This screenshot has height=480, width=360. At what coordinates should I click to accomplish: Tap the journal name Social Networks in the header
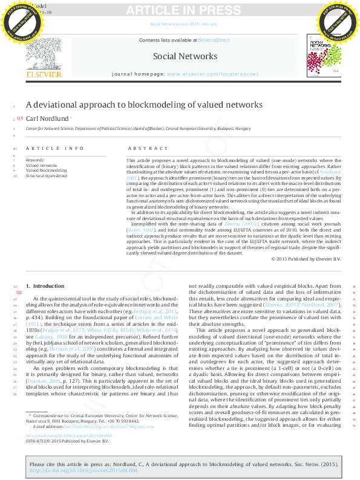185,56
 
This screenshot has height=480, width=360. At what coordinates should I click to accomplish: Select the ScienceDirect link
214,39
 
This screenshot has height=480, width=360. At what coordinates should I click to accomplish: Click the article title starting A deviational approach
144,105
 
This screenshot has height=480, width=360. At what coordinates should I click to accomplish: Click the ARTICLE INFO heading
54,148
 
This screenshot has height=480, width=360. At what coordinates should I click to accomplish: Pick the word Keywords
35,160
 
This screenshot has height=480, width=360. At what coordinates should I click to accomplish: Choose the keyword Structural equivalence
47,176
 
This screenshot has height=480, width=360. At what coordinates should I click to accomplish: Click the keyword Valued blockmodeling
46,170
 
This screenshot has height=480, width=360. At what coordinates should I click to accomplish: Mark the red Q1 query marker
19,118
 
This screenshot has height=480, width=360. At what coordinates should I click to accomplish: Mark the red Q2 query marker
19,292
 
